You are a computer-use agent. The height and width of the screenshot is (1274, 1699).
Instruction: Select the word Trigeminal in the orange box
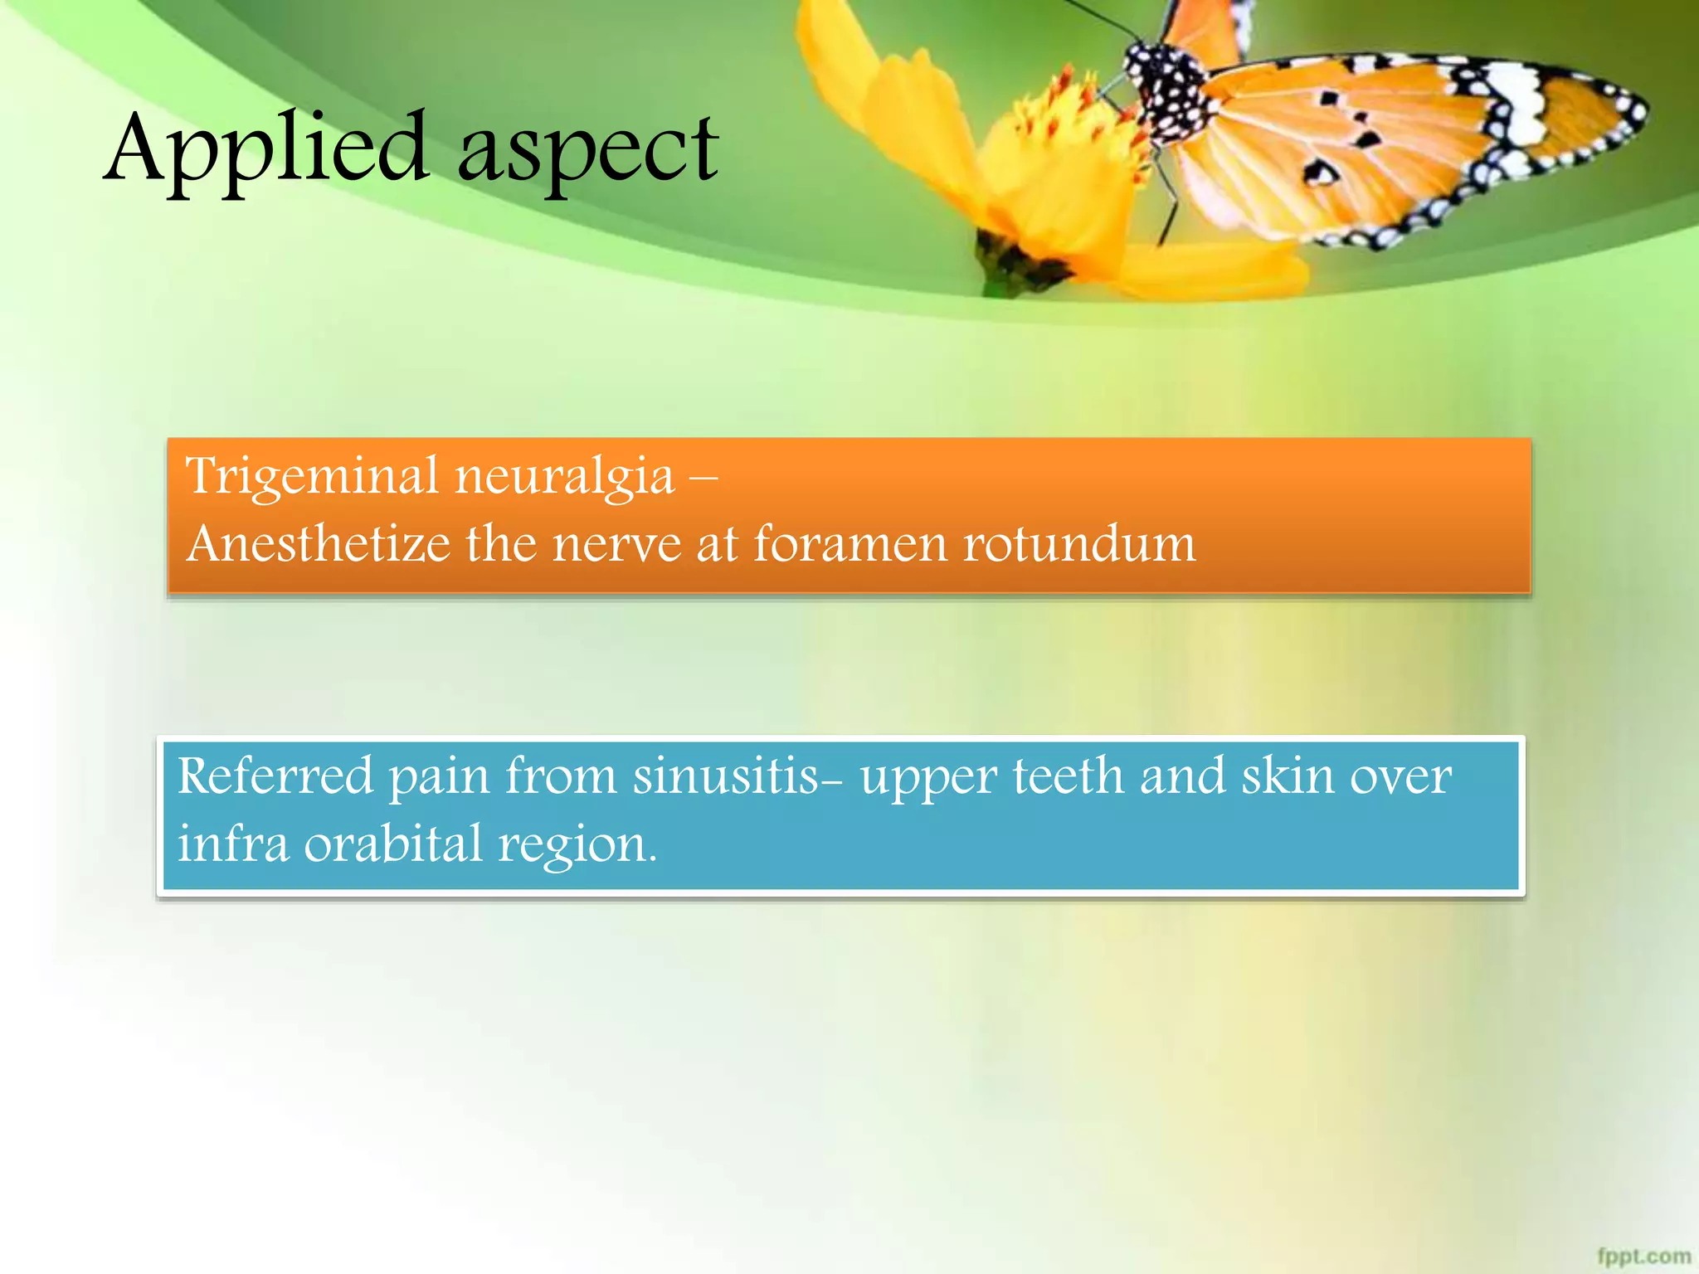312,478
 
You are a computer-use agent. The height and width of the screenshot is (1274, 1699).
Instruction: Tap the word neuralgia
564,478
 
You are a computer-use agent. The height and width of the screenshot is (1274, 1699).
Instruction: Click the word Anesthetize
319,544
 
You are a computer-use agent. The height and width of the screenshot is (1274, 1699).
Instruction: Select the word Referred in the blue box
275,776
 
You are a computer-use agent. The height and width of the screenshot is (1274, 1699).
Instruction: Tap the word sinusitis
726,776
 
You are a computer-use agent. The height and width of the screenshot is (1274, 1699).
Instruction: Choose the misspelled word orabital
392,844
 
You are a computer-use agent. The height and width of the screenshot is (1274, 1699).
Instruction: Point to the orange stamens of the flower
1070,108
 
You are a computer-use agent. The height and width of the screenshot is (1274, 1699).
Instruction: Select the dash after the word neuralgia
703,479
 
